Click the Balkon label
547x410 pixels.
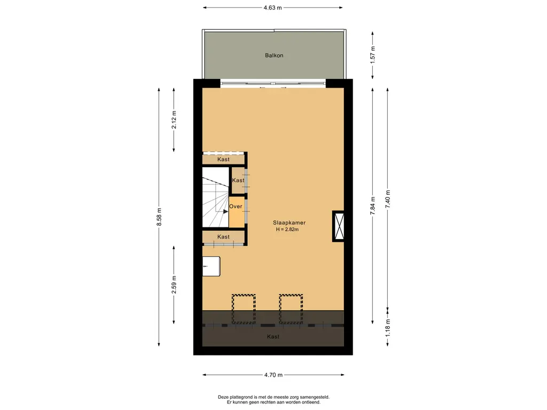pos(273,56)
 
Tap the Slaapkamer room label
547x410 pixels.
pos(289,223)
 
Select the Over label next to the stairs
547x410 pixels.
pos(236,206)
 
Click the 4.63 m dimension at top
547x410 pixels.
pos(272,7)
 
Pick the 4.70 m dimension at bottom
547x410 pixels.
pos(273,375)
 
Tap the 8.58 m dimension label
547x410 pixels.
pos(159,217)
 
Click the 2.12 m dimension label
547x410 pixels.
pos(174,119)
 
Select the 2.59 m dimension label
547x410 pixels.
pos(174,284)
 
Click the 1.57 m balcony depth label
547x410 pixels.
pos(373,54)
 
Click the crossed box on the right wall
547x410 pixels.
pos(339,226)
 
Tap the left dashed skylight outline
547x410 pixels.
pos(244,309)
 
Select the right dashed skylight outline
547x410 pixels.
pos(291,309)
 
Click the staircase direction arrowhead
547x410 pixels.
pos(226,211)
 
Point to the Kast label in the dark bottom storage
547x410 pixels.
pos(273,337)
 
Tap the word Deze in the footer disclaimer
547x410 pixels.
pos(224,397)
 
